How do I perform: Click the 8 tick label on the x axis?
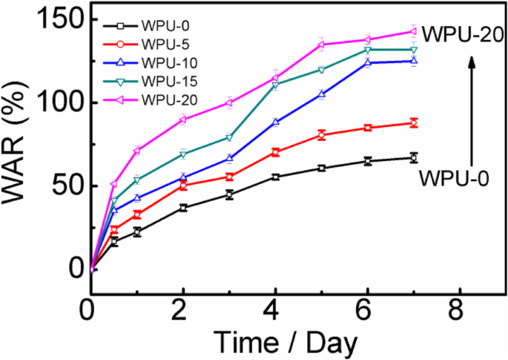(460, 306)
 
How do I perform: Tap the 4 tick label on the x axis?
(275, 306)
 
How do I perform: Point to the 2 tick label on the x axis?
(183, 306)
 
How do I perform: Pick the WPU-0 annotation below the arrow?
(453, 178)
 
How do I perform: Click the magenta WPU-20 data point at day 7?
(414, 31)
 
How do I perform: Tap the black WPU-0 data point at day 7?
(414, 157)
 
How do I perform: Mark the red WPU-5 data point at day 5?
(322, 134)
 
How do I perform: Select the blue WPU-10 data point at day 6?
(368, 62)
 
